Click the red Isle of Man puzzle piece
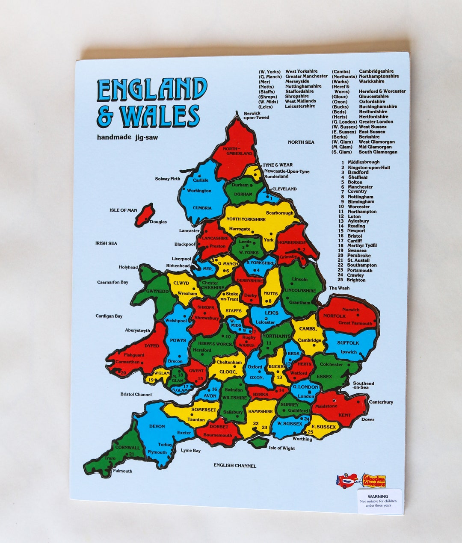(145, 214)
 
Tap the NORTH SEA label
(301, 142)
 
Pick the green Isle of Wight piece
(258, 443)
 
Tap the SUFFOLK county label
(348, 343)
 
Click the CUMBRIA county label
(202, 208)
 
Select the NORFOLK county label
(334, 316)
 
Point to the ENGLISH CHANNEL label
(235, 466)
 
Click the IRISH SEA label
(106, 243)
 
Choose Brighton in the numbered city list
(356, 280)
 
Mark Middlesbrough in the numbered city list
(363, 162)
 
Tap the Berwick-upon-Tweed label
(256, 115)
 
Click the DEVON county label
(157, 426)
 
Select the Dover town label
(367, 419)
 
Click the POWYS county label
(178, 341)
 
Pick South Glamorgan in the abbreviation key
(378, 152)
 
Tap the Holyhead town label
(128, 267)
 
